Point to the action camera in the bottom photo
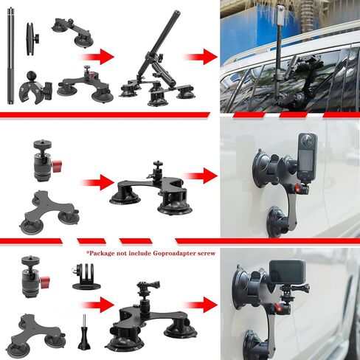(x=288, y=273)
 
